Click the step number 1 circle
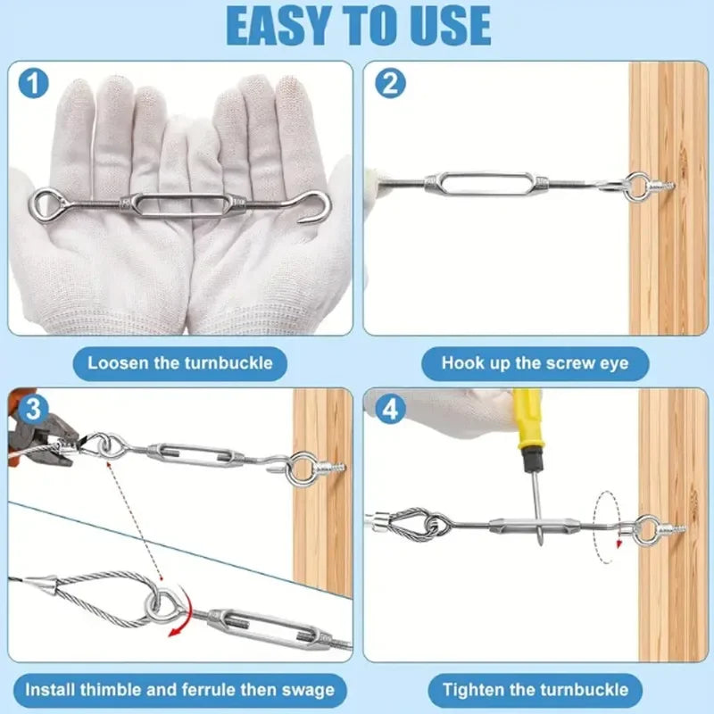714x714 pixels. pyautogui.click(x=34, y=85)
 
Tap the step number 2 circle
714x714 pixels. pyautogui.click(x=390, y=85)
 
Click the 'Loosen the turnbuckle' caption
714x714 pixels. pyautogui.click(x=179, y=363)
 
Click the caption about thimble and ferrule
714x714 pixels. pyautogui.click(x=179, y=689)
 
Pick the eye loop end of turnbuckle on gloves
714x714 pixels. pyautogui.click(x=44, y=201)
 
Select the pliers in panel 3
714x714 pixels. pyautogui.click(x=45, y=442)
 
